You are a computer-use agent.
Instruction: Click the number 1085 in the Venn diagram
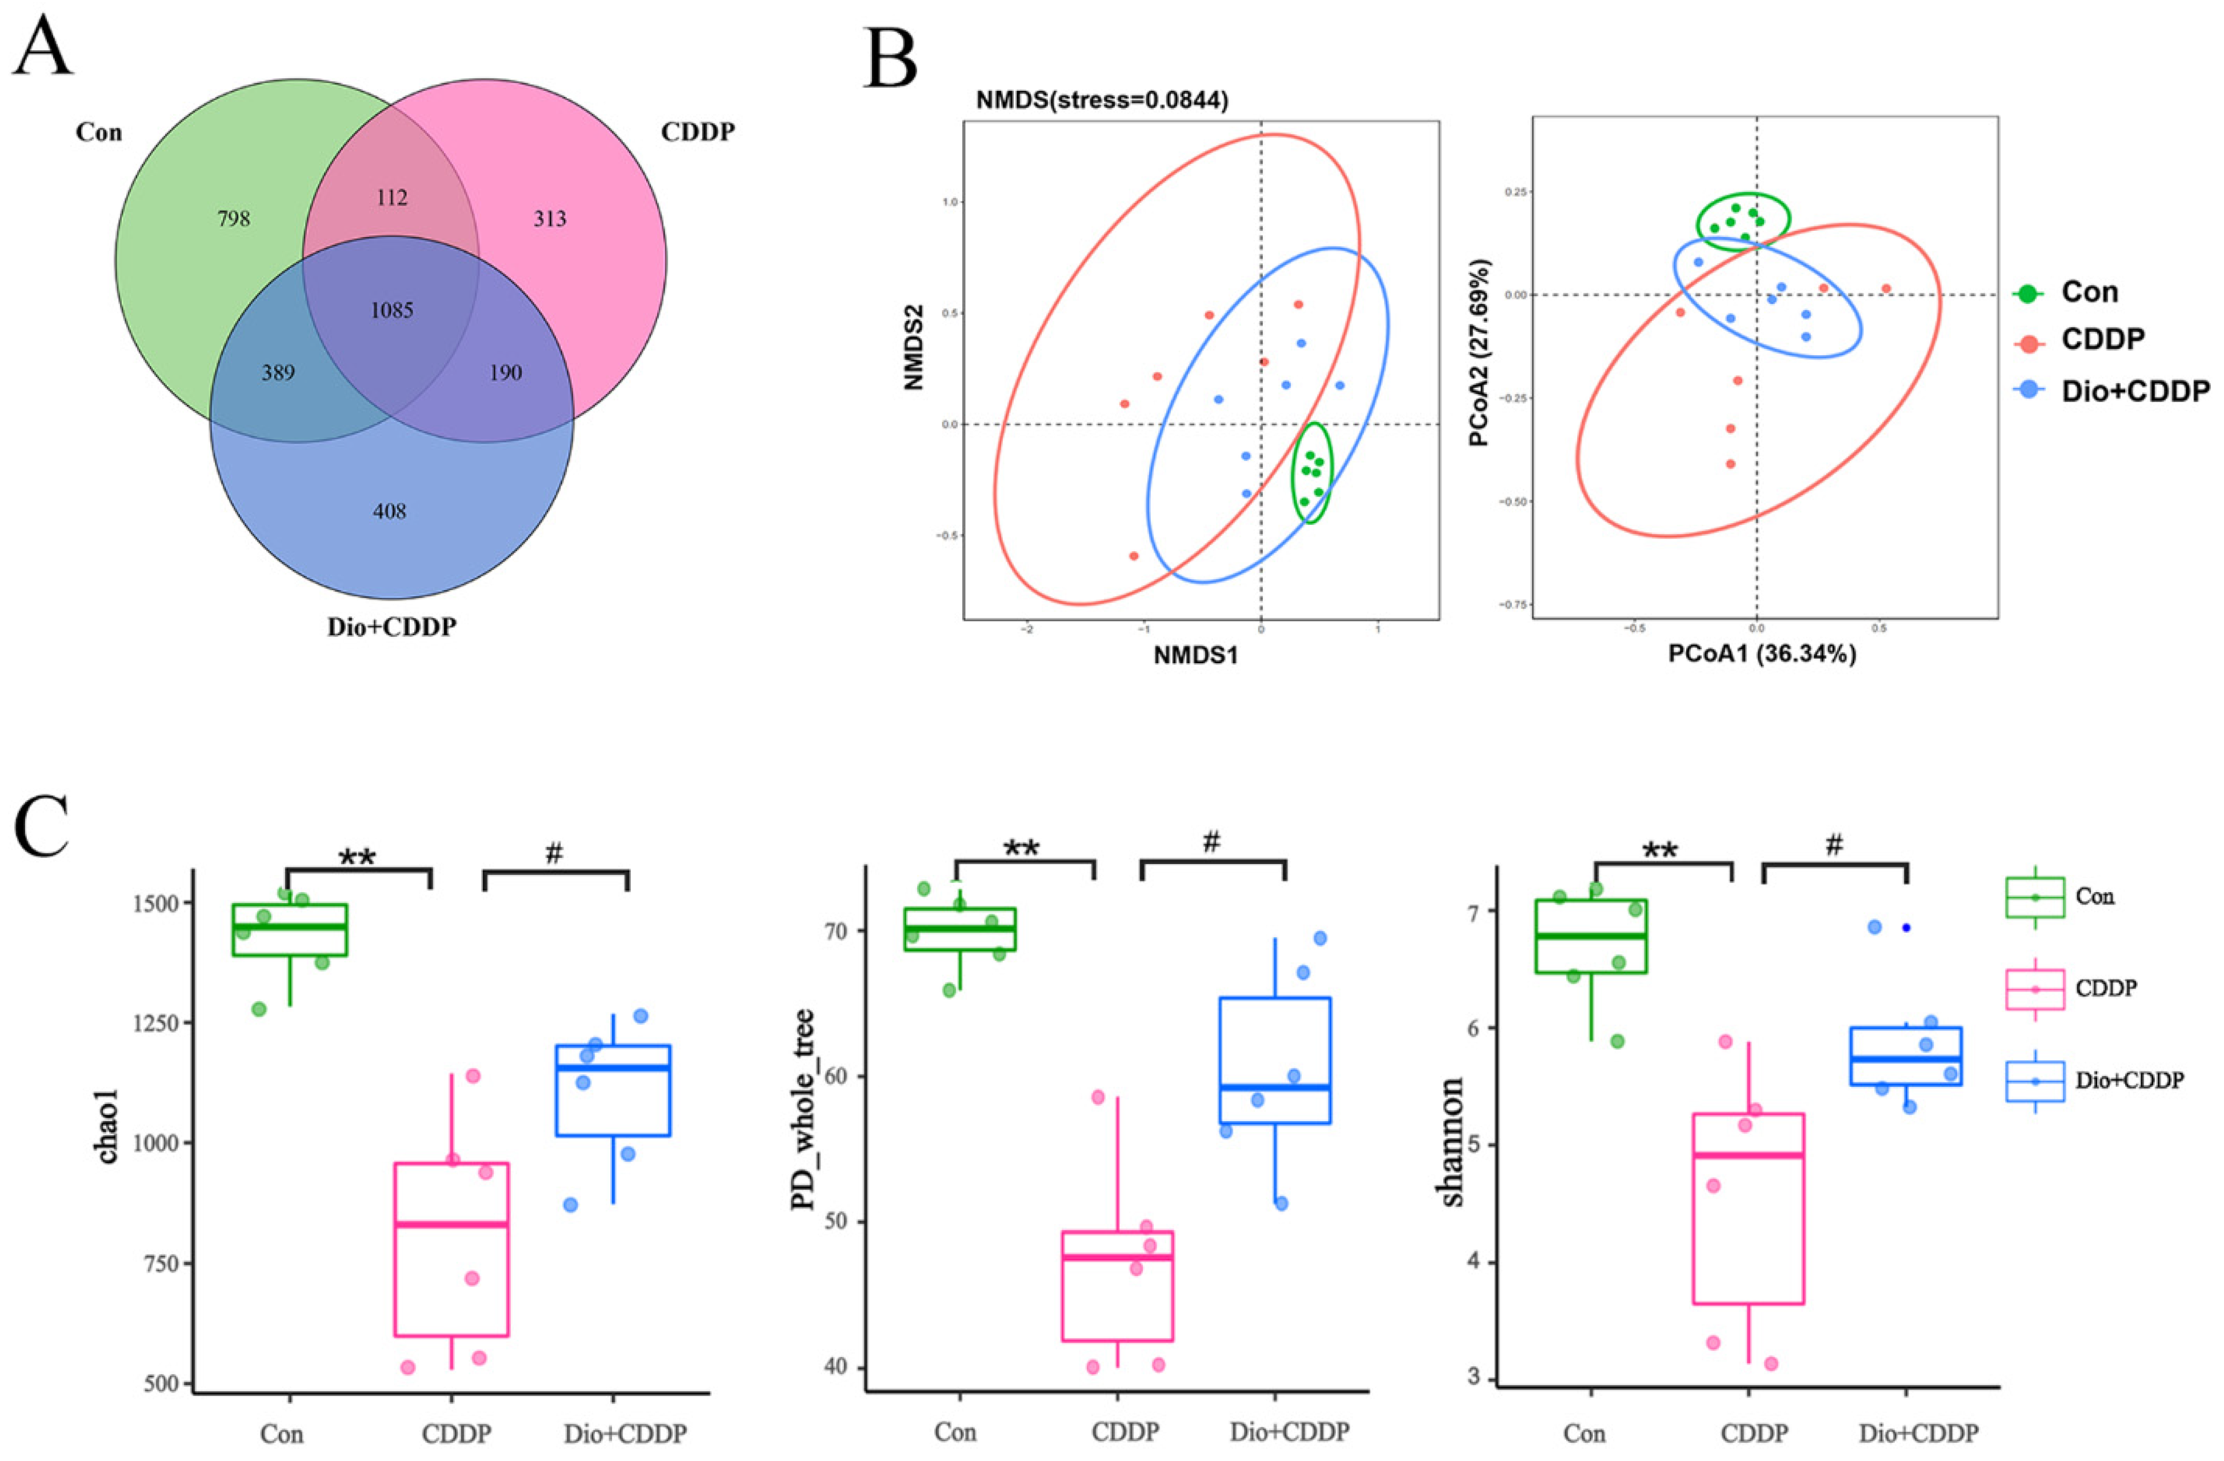[391, 310]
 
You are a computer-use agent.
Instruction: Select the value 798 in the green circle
[234, 219]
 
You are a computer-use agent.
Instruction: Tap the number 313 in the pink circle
[550, 219]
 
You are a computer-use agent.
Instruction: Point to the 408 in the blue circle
[390, 511]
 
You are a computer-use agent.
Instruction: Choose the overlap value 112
[391, 197]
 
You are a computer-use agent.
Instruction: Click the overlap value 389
[278, 374]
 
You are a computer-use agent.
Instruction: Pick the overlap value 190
[506, 374]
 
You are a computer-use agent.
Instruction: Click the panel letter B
[890, 58]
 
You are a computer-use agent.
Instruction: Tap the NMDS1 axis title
[1195, 656]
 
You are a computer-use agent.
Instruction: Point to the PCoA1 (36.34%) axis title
[1762, 654]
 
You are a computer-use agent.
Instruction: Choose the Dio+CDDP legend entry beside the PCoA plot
[2135, 391]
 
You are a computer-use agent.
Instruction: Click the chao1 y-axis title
[109, 1133]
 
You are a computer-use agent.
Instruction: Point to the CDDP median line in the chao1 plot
[451, 1224]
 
